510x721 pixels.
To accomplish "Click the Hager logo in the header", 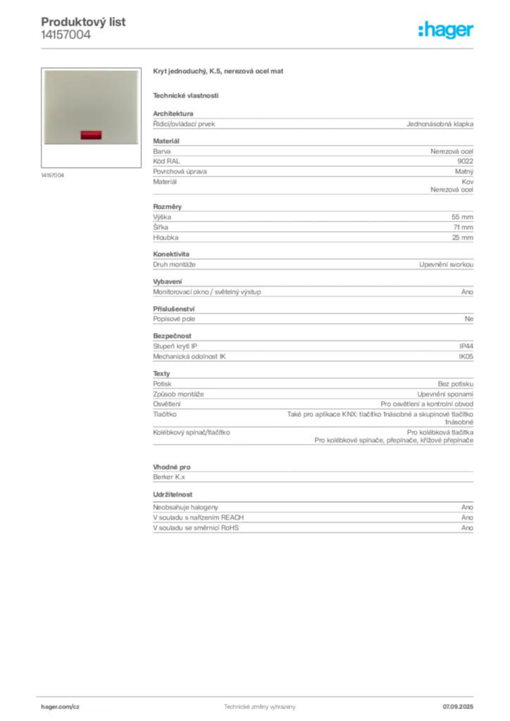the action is click(x=446, y=30).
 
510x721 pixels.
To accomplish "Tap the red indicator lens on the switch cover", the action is click(x=91, y=134).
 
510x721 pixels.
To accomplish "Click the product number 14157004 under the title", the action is click(x=66, y=35).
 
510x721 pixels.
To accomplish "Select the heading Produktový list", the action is click(x=83, y=22).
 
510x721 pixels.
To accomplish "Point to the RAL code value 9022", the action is click(x=466, y=161).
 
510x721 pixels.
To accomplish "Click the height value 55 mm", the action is click(x=462, y=217).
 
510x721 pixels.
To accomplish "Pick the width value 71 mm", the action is click(x=463, y=227).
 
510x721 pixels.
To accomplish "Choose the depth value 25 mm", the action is click(x=462, y=237).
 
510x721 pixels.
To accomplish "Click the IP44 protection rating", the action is click(x=466, y=346).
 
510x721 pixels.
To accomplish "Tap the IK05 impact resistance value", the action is click(x=466, y=356).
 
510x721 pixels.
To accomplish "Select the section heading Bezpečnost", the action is click(x=172, y=336).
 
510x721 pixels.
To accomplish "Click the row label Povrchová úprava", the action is click(x=180, y=172).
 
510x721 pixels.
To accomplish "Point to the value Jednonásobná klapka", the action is click(x=440, y=124).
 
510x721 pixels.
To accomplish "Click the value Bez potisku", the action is click(x=455, y=384).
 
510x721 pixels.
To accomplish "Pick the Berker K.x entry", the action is click(x=169, y=477).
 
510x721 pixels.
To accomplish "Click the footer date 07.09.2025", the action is click(x=458, y=707).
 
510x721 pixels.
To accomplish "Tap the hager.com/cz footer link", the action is click(x=61, y=707).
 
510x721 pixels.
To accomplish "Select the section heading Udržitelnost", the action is click(x=173, y=494).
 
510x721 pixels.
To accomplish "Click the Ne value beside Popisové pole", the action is click(x=469, y=319).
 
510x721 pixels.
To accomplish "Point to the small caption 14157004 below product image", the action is click(x=52, y=175).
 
